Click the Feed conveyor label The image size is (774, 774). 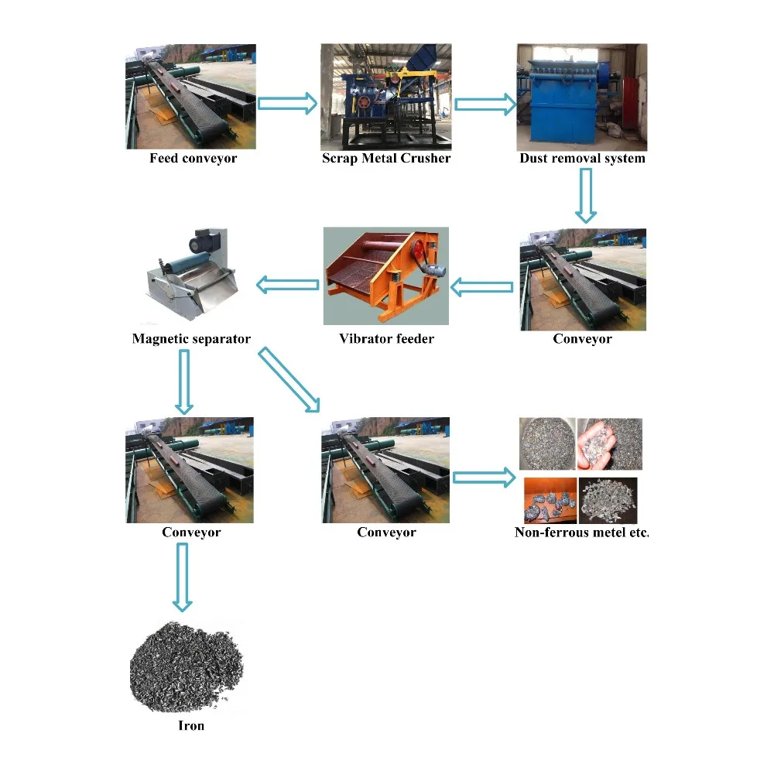pos(193,159)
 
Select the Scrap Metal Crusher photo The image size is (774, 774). pos(386,97)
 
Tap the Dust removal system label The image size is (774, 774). pos(582,159)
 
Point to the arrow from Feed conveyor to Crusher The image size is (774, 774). pos(287,103)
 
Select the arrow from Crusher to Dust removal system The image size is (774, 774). pos(485,103)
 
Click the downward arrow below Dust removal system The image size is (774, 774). pos(586,194)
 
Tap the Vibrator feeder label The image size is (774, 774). pos(386,339)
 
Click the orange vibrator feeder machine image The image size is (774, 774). pos(385,276)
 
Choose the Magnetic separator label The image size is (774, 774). pos(191,339)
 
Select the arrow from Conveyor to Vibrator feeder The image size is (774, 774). pos(482,288)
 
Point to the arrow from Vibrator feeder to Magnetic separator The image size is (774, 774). pos(287,286)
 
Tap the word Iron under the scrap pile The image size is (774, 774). pos(191,726)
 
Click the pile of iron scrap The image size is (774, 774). pos(186,666)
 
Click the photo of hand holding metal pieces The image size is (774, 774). pos(609,444)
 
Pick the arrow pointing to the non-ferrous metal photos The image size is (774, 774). pos(484,477)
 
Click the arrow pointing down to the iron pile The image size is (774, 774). pos(183,577)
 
